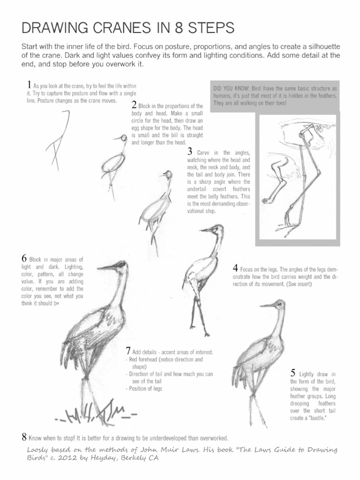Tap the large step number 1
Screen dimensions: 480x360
29,85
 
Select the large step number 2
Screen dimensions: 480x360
134,104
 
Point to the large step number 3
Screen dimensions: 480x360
190,151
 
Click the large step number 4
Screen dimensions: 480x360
235,269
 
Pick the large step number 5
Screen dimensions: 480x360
293,373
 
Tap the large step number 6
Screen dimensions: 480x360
24,258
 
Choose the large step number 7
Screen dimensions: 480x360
128,351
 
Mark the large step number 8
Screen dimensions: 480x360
24,437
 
